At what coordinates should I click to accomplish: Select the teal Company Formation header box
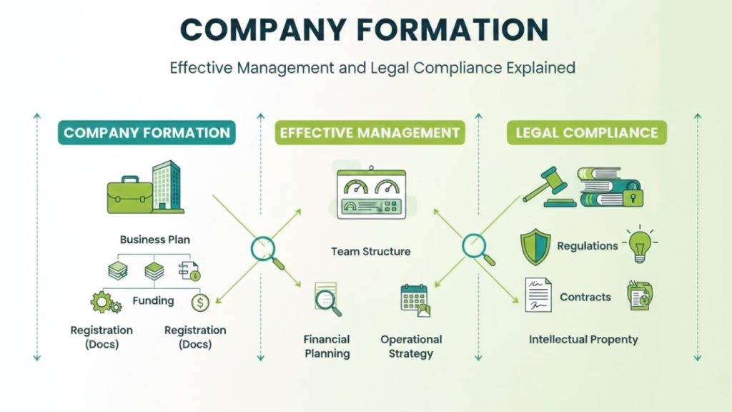click(x=147, y=132)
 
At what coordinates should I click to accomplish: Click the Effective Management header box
click(x=370, y=132)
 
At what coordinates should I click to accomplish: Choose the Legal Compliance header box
click(x=587, y=132)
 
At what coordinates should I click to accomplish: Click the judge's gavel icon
click(x=549, y=187)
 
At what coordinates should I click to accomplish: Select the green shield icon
click(x=535, y=247)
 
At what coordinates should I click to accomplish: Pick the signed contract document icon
click(x=538, y=295)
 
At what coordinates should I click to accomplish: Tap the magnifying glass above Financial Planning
click(x=328, y=299)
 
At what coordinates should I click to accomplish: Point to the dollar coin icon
click(x=200, y=303)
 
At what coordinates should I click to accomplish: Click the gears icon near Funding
click(x=104, y=302)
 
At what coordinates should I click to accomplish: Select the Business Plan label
click(x=155, y=240)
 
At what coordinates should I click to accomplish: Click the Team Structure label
click(x=370, y=252)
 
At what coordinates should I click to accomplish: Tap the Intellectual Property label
click(x=583, y=339)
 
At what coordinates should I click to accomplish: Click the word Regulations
click(x=588, y=246)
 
